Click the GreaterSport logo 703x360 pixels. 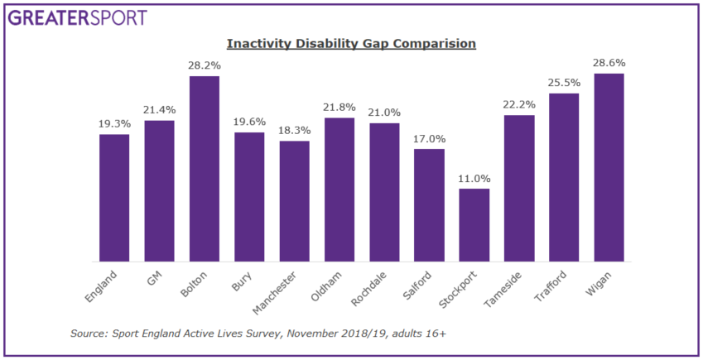tap(79, 17)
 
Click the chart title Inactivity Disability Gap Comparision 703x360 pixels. tap(352, 43)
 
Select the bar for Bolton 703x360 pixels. tap(205, 169)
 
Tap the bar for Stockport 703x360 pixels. tap(474, 225)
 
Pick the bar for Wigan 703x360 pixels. tap(609, 167)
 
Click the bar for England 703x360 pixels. tap(114, 198)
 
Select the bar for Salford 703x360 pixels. tap(429, 205)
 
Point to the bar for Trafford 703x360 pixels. tap(564, 177)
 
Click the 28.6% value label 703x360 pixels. tap(609, 63)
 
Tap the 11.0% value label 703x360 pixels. tap(474, 178)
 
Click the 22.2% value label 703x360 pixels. tap(519, 104)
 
